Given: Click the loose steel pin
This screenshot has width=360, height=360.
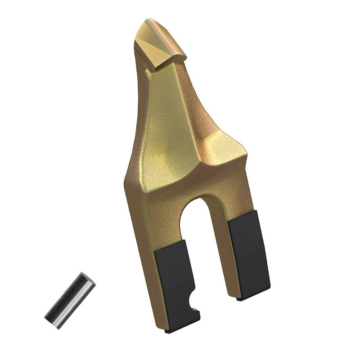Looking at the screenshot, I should (x=70, y=301).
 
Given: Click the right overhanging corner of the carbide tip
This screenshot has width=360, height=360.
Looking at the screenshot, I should (x=184, y=55).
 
